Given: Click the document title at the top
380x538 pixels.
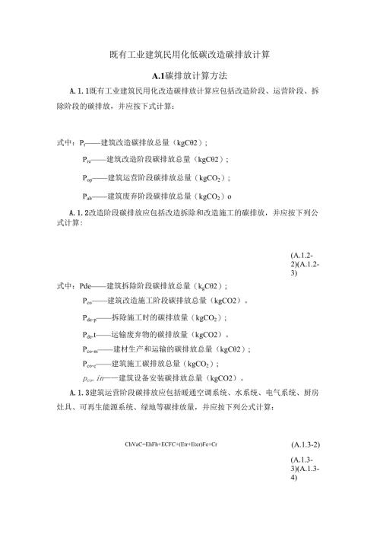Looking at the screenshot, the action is pos(190,56).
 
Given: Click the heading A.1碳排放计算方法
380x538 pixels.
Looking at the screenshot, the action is pos(190,76).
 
